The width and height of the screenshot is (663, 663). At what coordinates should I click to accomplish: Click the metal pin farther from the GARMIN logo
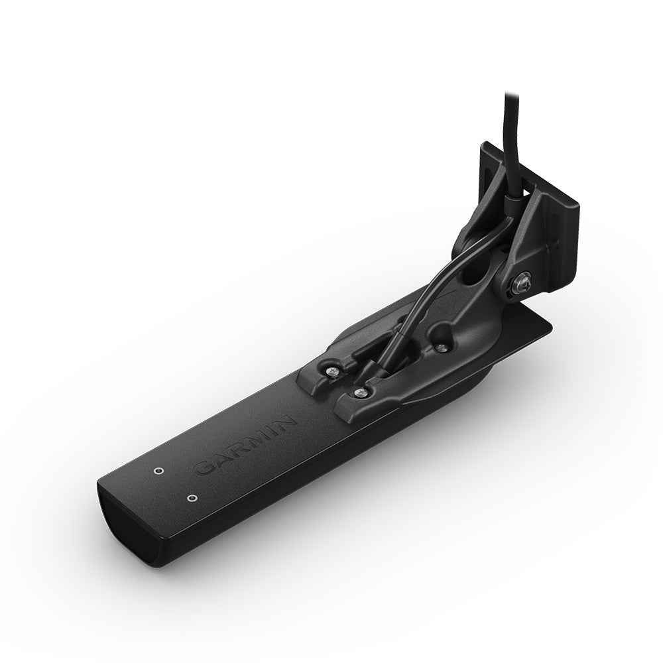[x=158, y=470]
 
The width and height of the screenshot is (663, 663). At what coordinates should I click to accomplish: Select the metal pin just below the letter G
[x=192, y=497]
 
